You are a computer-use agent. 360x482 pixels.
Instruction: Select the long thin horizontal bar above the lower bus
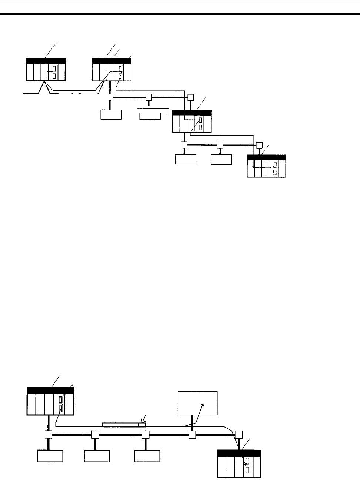point(120,425)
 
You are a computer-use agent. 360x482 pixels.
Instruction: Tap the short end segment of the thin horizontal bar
point(142,425)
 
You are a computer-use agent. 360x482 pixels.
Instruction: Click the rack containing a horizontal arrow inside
point(267,166)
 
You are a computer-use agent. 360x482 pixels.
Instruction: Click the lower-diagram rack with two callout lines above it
point(50,401)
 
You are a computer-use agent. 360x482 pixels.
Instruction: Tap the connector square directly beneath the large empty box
point(192,434)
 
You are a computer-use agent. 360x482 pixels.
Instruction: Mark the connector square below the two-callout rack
point(48,434)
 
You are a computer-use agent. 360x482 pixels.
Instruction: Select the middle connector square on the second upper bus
point(220,145)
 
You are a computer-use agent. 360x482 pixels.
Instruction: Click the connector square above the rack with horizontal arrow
point(259,145)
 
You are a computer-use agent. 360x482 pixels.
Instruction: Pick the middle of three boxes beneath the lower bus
point(97,456)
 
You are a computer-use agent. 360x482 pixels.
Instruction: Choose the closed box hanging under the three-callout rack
point(111,114)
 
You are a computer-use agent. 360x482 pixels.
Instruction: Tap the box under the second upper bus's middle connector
point(221,160)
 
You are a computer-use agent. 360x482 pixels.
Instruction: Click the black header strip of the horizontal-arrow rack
point(267,157)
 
